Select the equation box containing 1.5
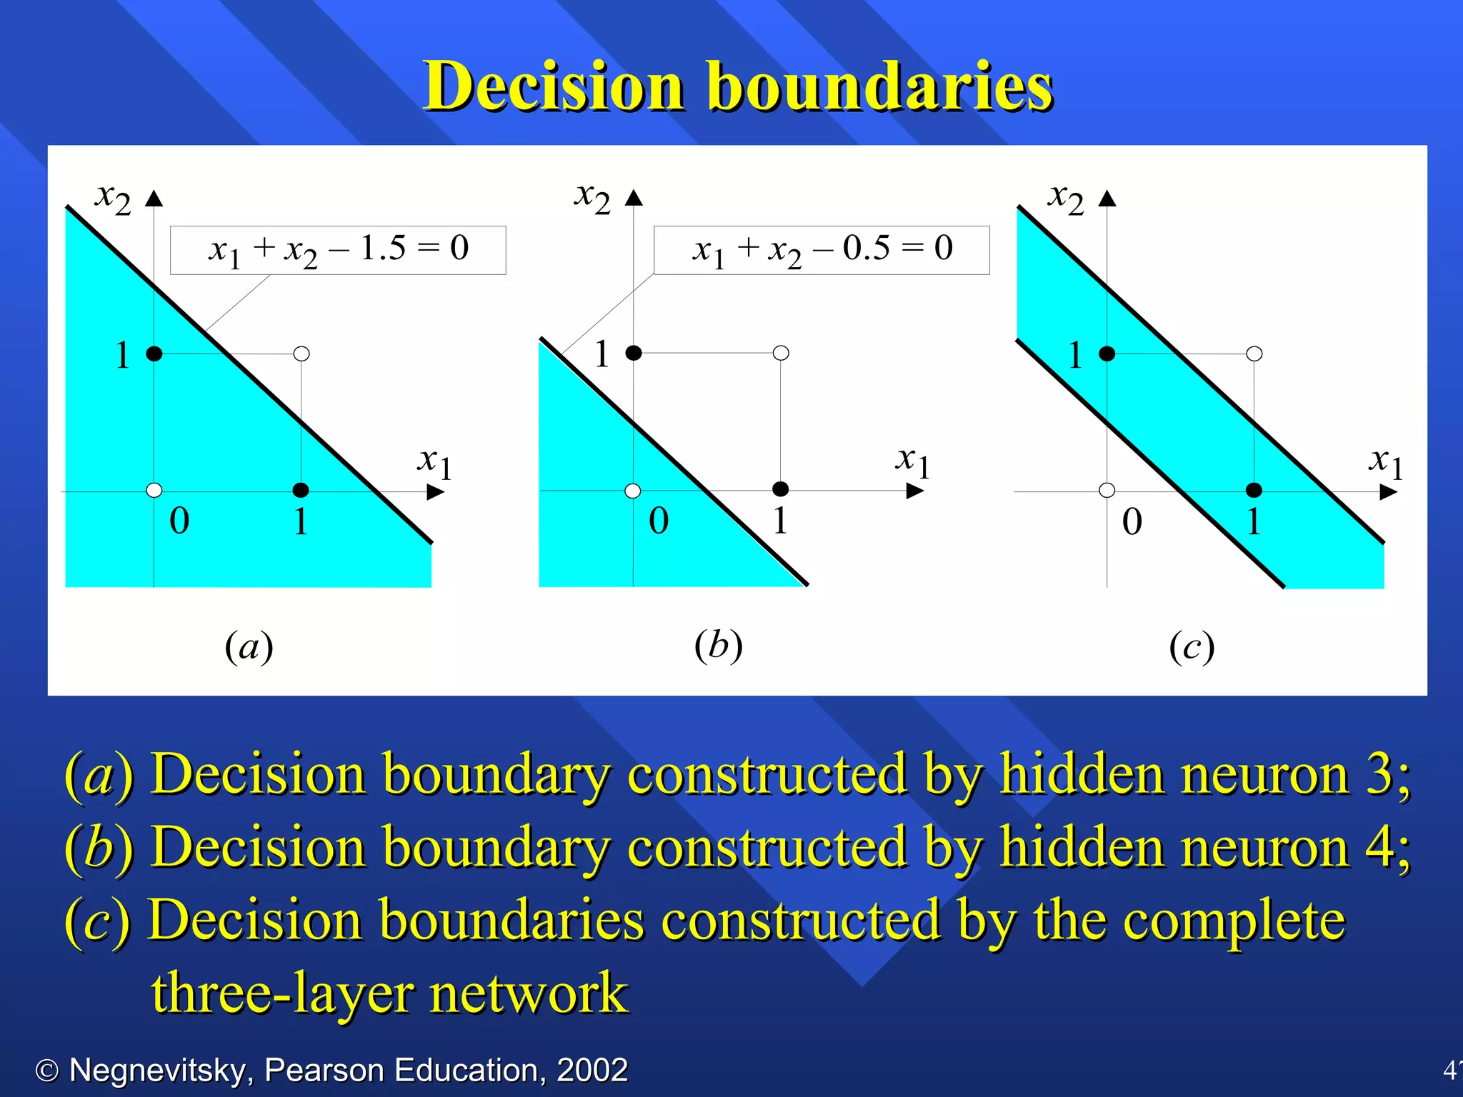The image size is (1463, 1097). tap(338, 250)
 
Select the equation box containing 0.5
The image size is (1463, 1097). tap(822, 250)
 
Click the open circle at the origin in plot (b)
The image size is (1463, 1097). tap(633, 491)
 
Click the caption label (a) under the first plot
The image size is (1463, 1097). tap(249, 647)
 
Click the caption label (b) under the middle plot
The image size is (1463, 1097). tap(719, 646)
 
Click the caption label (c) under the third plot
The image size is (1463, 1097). tap(1192, 647)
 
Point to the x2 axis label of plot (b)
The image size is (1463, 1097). tap(592, 196)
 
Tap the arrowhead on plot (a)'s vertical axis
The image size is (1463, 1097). tap(154, 198)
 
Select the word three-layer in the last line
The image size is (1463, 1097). tap(282, 994)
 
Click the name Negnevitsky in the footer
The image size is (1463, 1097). tap(157, 1071)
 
